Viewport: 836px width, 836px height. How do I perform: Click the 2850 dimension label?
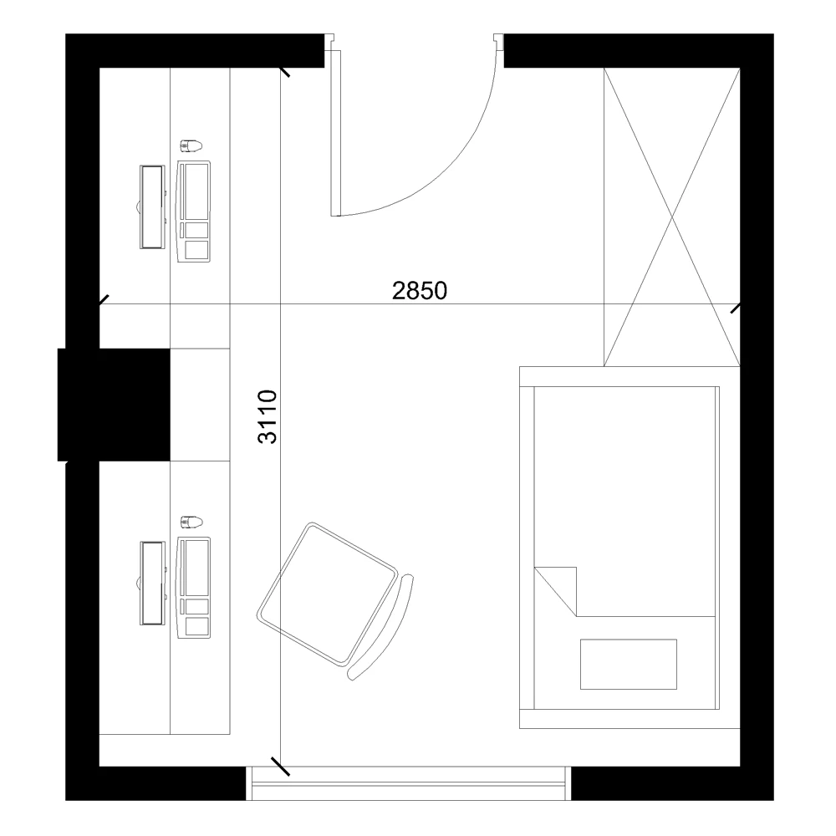(x=421, y=290)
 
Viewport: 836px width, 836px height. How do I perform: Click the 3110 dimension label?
(x=267, y=415)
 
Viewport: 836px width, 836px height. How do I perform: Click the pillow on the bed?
(x=629, y=664)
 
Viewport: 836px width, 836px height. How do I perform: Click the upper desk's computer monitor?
(x=150, y=206)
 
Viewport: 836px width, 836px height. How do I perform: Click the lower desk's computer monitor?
(x=150, y=583)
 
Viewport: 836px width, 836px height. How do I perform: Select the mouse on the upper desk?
(x=191, y=146)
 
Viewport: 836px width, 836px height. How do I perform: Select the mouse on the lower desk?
(x=191, y=522)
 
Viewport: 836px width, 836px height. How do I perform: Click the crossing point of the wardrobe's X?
(x=672, y=217)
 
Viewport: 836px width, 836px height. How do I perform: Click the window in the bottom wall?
(x=410, y=782)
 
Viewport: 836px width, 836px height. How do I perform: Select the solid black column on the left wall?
(x=114, y=405)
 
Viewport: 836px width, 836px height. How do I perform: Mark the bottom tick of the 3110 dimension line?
(x=281, y=765)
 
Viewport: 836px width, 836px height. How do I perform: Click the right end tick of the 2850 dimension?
(x=736, y=308)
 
